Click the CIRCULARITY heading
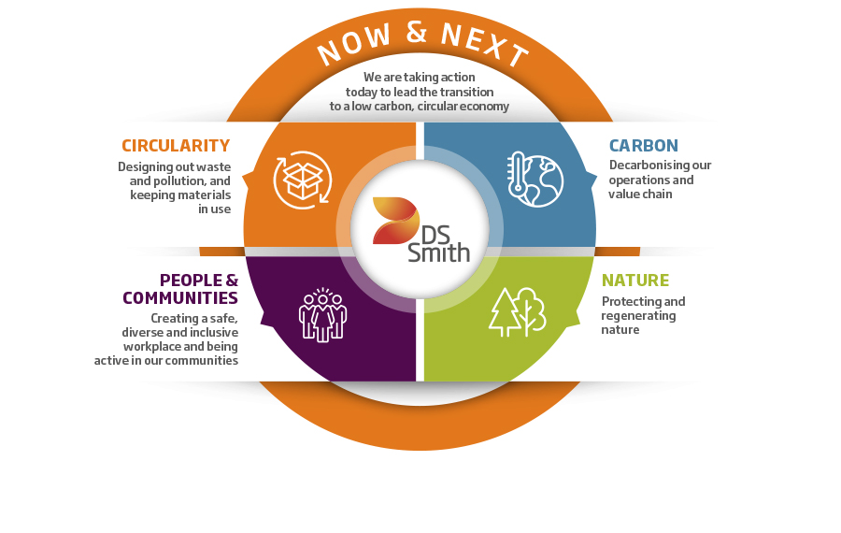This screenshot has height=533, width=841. click(x=176, y=146)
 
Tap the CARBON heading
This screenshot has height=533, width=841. click(x=644, y=146)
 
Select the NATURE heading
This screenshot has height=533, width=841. click(x=635, y=281)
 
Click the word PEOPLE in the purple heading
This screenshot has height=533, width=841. click(x=191, y=281)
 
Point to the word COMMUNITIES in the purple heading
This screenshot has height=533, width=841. click(x=180, y=298)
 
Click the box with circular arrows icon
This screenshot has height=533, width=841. click(x=303, y=180)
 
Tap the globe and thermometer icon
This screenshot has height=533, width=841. click(x=535, y=180)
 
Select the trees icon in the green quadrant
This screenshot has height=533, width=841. click(x=517, y=312)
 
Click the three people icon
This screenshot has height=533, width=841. click(x=322, y=315)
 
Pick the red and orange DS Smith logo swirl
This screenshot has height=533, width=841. click(x=396, y=221)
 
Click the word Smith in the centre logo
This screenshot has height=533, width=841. click(x=439, y=252)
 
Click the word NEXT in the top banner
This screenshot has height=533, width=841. click(x=485, y=42)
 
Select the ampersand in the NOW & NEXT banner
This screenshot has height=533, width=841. click(x=416, y=32)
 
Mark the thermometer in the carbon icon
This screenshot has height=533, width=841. click(x=518, y=172)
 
